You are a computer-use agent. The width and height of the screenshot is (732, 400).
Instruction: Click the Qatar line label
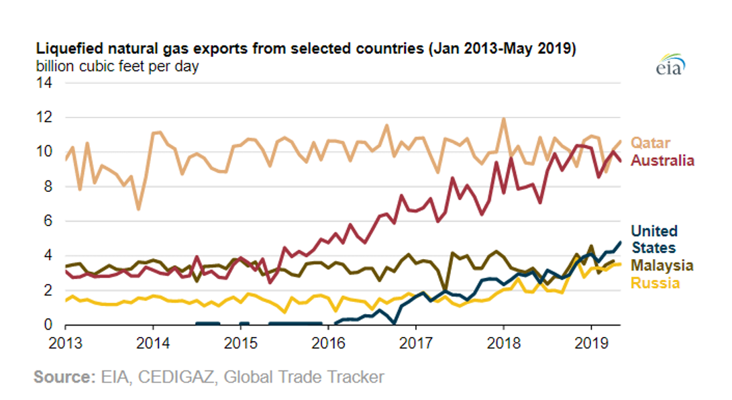coord(652,143)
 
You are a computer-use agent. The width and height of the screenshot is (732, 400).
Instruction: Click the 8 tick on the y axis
coord(48,187)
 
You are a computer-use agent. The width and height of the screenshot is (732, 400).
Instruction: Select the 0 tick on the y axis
coord(48,326)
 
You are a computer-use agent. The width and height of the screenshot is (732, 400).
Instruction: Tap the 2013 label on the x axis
coord(66,342)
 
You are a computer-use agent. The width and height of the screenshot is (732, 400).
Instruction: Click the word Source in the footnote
coord(62,377)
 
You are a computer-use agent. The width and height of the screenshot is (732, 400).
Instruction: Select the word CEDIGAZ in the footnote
coord(176,377)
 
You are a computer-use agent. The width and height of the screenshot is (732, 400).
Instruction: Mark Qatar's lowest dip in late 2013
coord(138,209)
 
